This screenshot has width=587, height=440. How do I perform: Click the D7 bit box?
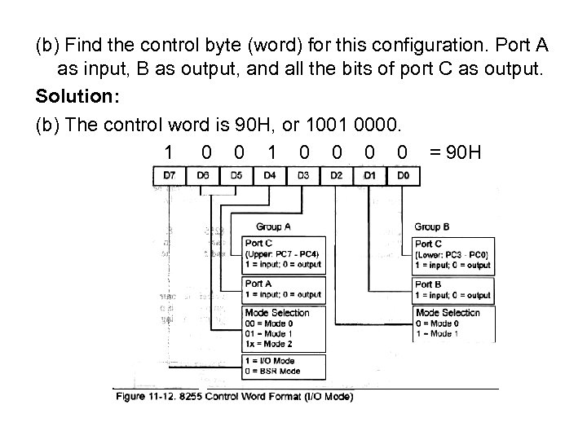[169, 175]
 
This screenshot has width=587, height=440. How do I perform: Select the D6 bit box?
[203, 175]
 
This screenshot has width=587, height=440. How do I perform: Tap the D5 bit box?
[236, 175]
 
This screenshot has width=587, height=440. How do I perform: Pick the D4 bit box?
[270, 175]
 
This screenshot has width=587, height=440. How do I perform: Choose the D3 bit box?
[303, 175]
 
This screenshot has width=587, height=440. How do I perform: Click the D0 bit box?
[403, 175]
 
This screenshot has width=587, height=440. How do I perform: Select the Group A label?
[273, 227]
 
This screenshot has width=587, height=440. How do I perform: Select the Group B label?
[432, 227]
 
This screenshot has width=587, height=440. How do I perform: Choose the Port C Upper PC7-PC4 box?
[284, 254]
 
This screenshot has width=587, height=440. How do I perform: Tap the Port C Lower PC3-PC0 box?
[453, 254]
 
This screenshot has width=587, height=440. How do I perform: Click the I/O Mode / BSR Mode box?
[284, 366]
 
